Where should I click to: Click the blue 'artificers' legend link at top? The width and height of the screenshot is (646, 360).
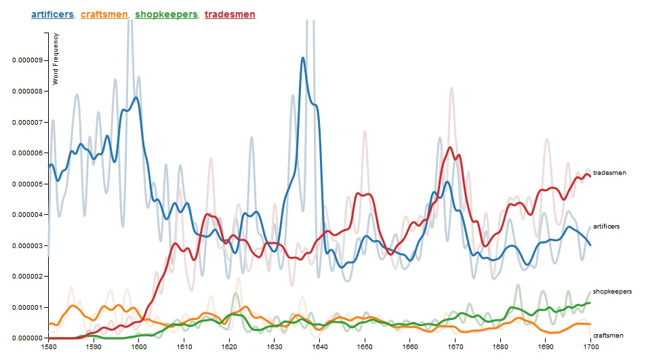[53, 14]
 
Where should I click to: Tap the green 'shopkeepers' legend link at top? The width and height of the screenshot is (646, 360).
[167, 14]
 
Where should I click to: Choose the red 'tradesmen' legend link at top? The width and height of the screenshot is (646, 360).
[229, 14]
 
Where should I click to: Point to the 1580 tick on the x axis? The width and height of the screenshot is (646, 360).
[49, 346]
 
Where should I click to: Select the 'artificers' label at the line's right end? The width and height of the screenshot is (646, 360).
[607, 226]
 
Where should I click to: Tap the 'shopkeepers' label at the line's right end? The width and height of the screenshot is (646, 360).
[612, 291]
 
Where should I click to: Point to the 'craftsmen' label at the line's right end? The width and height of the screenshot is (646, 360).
[608, 336]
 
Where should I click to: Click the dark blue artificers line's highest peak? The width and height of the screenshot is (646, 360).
[303, 58]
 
